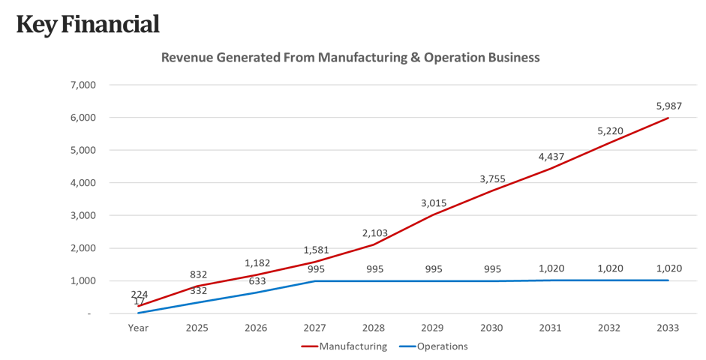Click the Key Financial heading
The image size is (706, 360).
click(88, 24)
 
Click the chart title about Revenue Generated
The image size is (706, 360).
click(351, 57)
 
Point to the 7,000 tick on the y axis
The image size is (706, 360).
click(84, 85)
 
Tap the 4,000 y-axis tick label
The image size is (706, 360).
click(84, 183)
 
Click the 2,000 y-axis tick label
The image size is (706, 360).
click(84, 248)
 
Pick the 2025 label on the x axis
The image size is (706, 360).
click(197, 328)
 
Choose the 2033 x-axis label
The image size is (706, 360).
click(668, 328)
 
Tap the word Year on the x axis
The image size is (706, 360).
click(138, 328)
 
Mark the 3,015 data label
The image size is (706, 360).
click(432, 202)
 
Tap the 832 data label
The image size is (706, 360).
click(198, 274)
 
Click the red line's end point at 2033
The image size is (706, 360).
click(668, 118)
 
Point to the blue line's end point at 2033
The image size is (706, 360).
click(668, 280)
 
